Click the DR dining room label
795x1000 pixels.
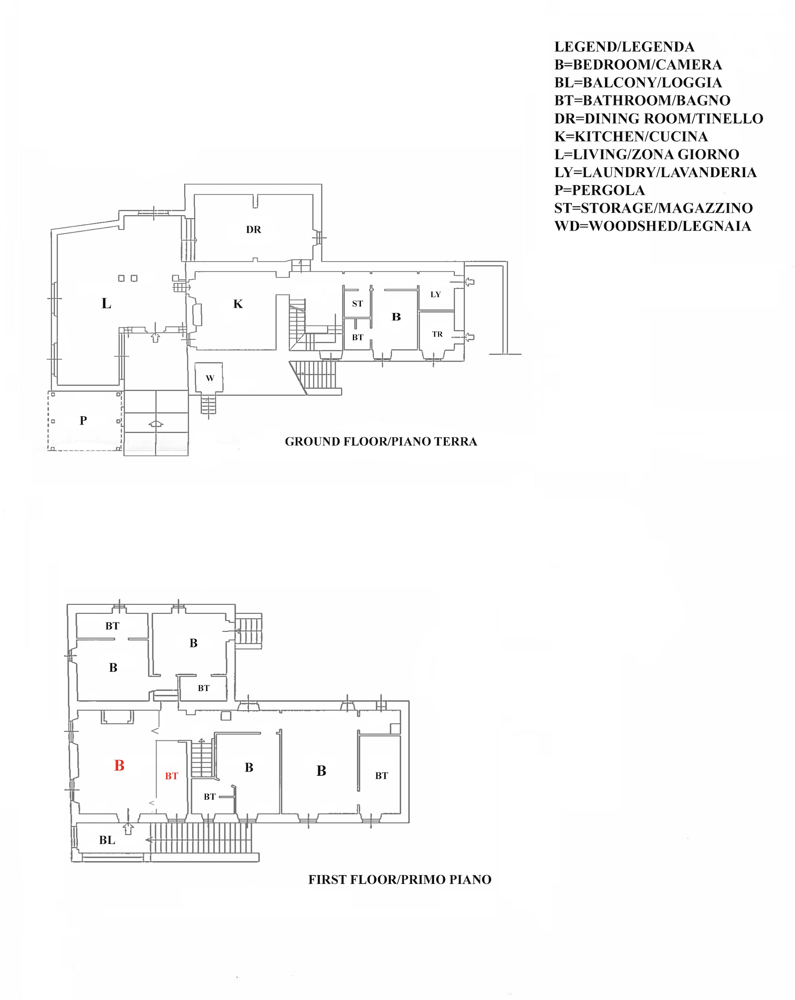pos(253,230)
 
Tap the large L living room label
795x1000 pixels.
pos(106,303)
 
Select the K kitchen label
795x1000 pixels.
pos(238,304)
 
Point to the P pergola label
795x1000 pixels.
pos(83,421)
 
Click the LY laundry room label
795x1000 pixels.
pos(435,295)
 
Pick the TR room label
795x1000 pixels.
pos(437,334)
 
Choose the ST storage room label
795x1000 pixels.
pos(357,304)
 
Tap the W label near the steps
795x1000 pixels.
pos(210,378)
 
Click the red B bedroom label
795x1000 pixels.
pos(119,765)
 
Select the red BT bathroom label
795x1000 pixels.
pos(172,776)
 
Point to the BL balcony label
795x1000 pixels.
pos(107,840)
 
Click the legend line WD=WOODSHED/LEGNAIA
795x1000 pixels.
pos(652,226)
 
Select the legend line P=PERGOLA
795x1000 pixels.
pos(599,190)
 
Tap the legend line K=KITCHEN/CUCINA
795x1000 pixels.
pos(631,136)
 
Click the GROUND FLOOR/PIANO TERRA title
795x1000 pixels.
pos(380,441)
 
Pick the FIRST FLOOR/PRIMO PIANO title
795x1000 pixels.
pos(400,879)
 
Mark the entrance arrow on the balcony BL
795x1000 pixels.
pos(128,829)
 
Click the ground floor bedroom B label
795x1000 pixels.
pos(396,317)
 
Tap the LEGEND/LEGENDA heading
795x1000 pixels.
pos(624,47)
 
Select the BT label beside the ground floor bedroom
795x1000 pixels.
pos(357,338)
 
